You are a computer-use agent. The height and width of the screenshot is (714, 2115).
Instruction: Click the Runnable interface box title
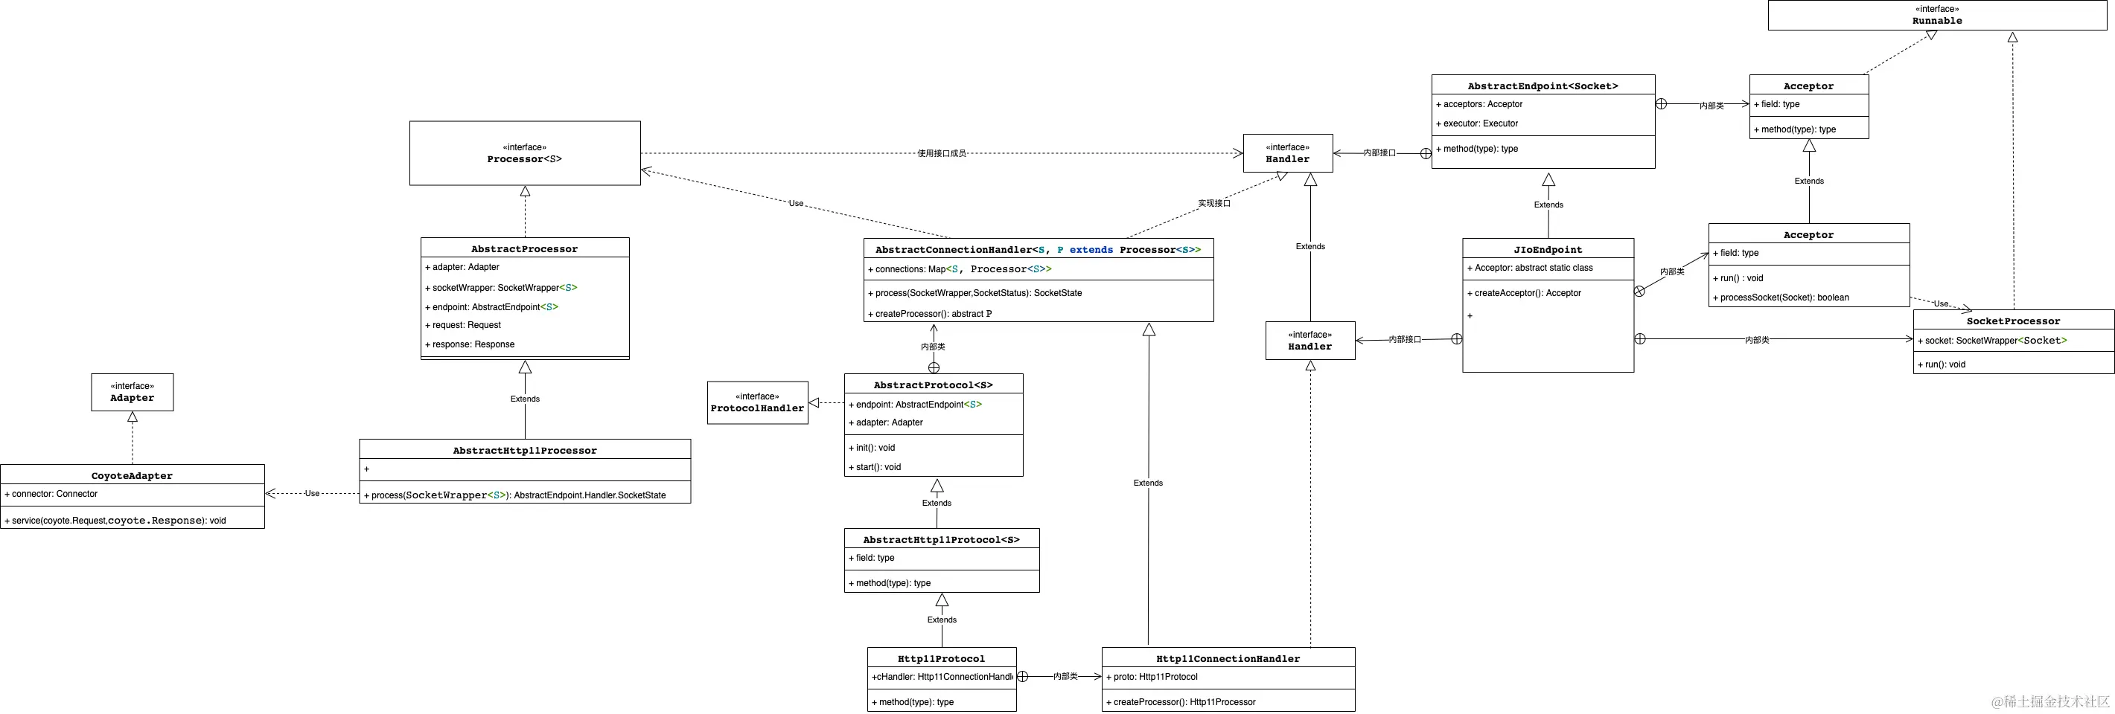click(1937, 21)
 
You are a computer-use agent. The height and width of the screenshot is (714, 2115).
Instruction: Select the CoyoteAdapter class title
click(133, 476)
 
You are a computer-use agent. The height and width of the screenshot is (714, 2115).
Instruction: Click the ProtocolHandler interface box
click(757, 403)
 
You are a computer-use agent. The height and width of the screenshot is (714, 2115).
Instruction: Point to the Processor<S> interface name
click(525, 159)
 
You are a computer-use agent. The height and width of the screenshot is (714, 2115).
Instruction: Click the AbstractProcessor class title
click(525, 248)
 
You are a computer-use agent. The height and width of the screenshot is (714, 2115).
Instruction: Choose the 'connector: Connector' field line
click(54, 494)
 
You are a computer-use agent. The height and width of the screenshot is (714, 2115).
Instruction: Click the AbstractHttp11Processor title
click(525, 451)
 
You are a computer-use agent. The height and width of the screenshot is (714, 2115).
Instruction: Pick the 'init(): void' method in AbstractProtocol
click(875, 448)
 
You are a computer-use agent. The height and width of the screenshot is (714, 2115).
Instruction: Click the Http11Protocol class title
click(941, 659)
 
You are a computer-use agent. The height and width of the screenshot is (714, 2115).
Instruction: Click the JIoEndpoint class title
click(1548, 249)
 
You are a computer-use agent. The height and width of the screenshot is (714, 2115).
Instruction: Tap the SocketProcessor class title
click(2013, 321)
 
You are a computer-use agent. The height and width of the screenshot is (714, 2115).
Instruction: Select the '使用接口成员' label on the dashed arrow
click(941, 153)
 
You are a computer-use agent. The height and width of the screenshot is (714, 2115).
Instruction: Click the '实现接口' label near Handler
click(1213, 204)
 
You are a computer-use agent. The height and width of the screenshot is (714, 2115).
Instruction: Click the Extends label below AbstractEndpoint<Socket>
click(1548, 205)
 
